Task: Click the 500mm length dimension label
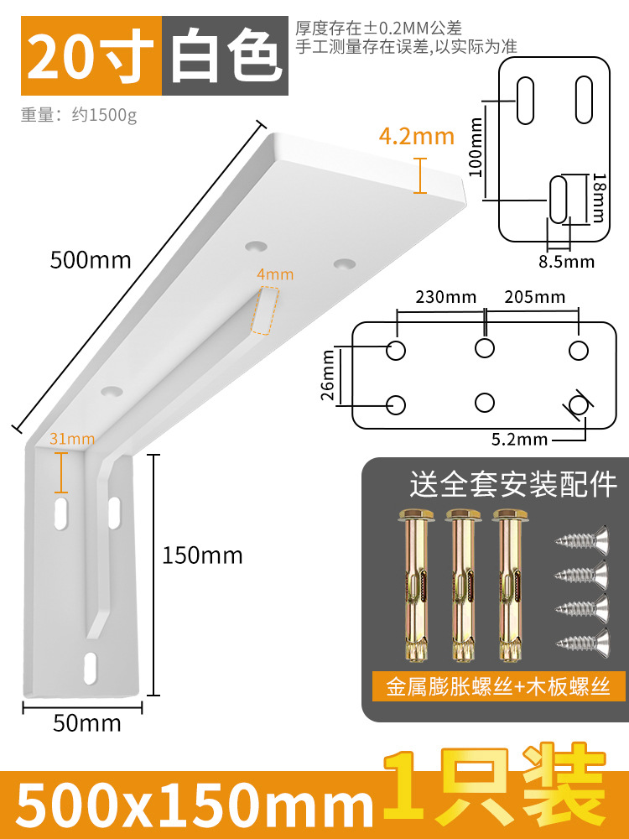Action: pos(91,260)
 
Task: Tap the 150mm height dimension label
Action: pos(202,555)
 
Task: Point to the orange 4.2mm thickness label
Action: pos(417,136)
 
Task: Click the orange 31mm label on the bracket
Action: pos(72,438)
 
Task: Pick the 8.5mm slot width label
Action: pos(567,262)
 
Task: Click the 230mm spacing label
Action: pos(444,297)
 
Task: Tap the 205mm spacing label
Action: pos(534,297)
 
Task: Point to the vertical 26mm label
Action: pos(329,375)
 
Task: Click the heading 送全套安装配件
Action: pos(512,484)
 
